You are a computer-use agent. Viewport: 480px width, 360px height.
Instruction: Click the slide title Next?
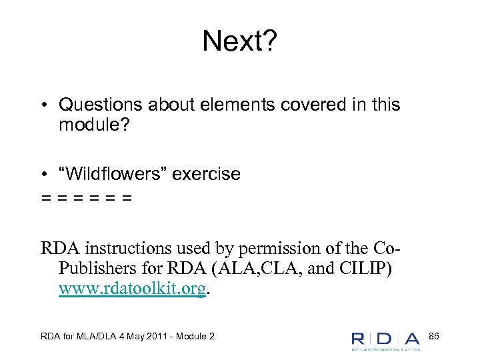240,41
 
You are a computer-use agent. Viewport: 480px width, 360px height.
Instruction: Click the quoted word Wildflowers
113,174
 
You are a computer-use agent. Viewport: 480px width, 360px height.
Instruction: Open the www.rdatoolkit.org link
131,290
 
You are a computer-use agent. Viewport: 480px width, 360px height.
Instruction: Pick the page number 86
434,337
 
